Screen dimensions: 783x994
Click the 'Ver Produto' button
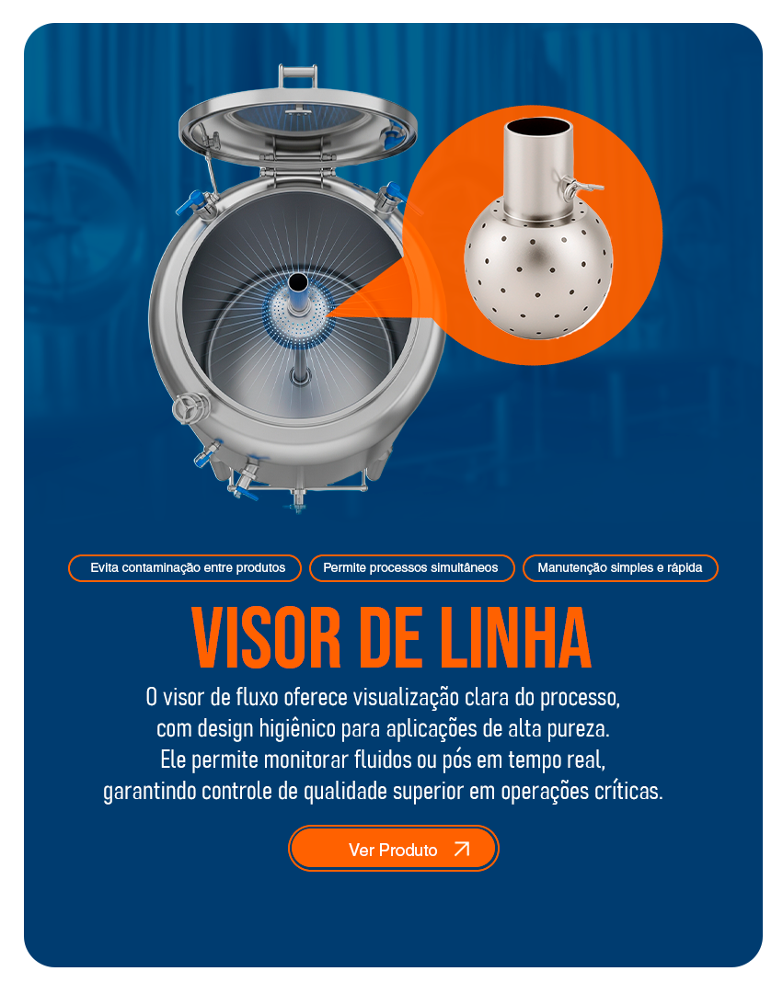coord(394,848)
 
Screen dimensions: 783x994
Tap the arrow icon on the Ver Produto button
coord(462,849)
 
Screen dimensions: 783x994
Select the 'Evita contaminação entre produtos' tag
coord(185,567)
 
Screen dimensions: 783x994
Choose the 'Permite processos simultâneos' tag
coord(411,567)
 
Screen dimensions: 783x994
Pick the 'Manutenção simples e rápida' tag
coord(620,567)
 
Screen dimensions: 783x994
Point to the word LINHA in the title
coord(515,638)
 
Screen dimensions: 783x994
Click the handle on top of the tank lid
coord(297,77)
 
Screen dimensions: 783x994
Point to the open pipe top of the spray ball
coord(537,126)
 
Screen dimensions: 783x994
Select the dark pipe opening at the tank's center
coord(297,282)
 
